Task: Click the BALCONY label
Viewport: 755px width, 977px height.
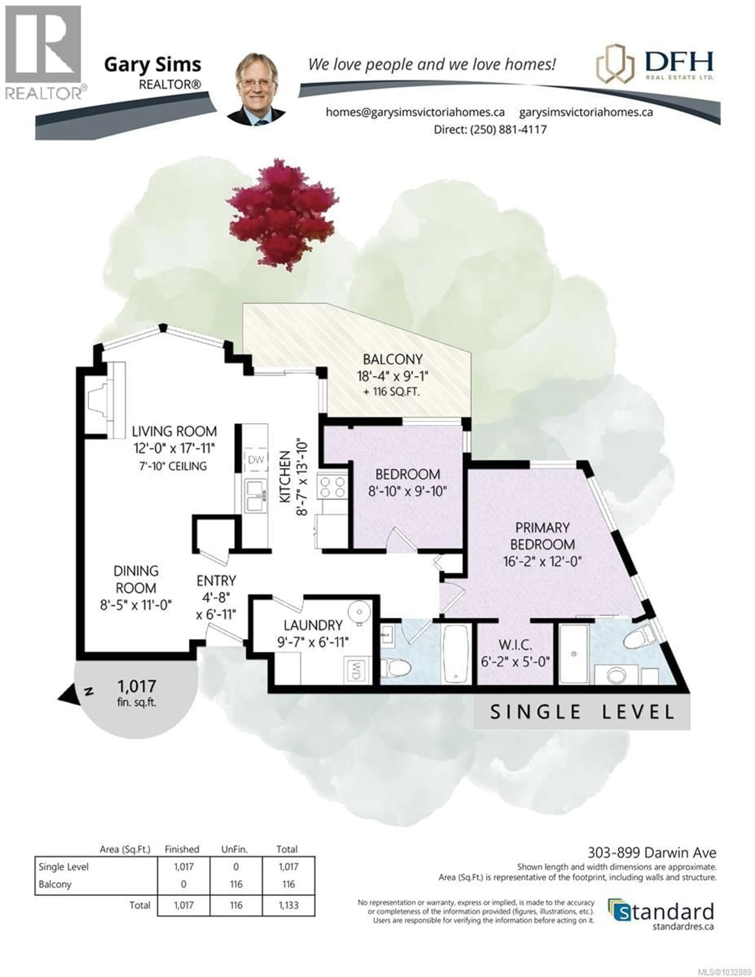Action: pos(392,359)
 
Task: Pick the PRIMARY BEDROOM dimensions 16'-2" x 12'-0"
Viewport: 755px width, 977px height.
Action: pos(542,561)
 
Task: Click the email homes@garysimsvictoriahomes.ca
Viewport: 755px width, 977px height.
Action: pos(415,112)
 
